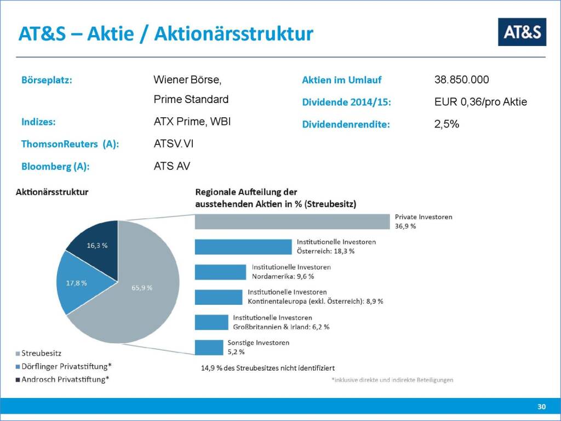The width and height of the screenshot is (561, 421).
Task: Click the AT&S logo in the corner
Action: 522,32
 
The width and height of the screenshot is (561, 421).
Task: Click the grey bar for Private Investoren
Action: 293,221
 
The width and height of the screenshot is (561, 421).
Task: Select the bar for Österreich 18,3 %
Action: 243,247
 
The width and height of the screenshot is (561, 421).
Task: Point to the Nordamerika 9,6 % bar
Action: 220,272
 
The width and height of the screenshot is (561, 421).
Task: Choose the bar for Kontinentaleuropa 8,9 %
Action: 219,297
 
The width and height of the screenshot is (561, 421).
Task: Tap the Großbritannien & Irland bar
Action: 211,322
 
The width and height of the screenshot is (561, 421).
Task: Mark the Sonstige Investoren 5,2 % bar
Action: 209,348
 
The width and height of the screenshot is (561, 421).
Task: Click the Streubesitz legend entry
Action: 39,354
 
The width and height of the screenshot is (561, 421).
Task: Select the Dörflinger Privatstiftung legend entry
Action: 64,366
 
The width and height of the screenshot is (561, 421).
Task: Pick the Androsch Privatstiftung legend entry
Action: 62,379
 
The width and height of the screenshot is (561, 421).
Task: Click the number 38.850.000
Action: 461,79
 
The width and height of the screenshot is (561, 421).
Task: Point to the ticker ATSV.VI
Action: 174,144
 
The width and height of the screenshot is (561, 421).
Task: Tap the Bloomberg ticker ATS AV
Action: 172,166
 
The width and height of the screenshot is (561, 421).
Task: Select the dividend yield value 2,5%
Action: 447,124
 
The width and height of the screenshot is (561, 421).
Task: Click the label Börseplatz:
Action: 47,80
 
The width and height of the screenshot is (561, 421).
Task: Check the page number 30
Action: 541,407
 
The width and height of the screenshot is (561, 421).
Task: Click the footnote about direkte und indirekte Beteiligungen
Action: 392,380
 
